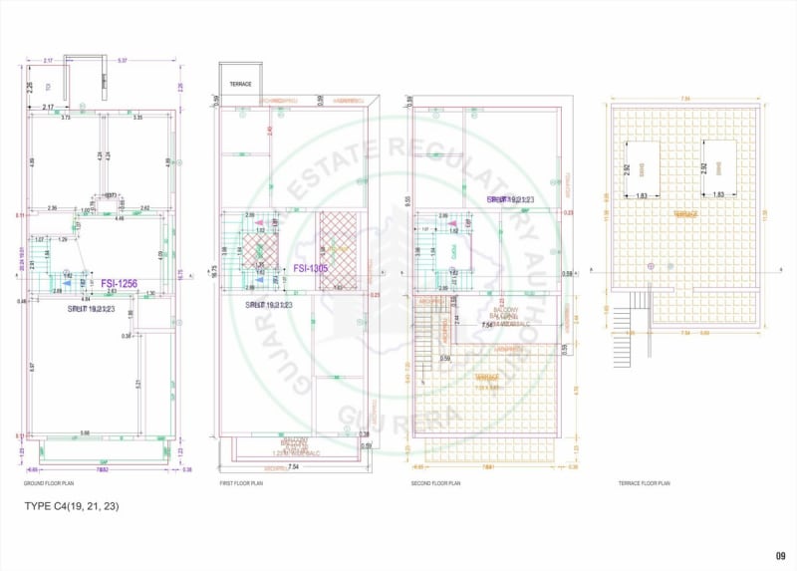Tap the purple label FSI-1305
[x=312, y=269]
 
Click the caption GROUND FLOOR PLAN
[x=49, y=483]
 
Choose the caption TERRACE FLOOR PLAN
[x=644, y=483]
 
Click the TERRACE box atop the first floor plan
[x=240, y=81]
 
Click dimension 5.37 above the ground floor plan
[x=122, y=62]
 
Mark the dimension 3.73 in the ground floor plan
[x=65, y=119]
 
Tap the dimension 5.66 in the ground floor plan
[x=86, y=432]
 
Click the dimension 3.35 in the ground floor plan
[x=138, y=119]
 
